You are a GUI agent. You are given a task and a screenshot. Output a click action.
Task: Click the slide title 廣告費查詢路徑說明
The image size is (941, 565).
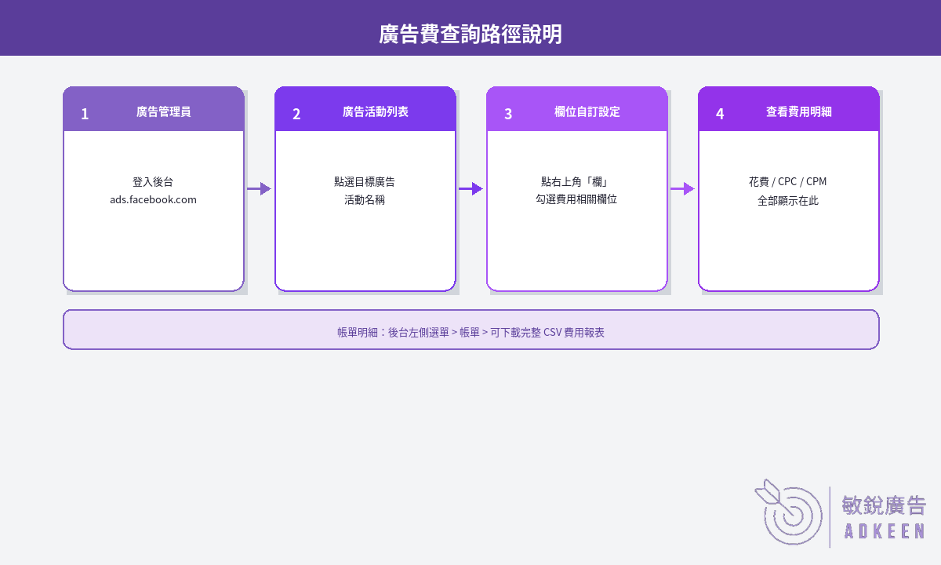[x=470, y=34]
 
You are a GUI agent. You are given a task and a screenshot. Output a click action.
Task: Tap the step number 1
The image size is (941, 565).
[x=85, y=114]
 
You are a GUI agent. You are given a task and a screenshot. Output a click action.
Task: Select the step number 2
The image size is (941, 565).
[x=296, y=114]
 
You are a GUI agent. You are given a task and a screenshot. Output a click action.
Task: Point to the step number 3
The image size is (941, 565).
[x=508, y=114]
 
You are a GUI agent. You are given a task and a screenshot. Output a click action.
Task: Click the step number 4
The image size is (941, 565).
[x=720, y=114]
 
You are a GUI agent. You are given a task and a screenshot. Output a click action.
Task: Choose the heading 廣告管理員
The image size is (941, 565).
[x=163, y=111]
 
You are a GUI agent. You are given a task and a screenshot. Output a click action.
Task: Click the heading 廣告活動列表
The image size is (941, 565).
[x=375, y=111]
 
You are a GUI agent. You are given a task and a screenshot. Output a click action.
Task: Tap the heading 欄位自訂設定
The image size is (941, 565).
[x=587, y=111]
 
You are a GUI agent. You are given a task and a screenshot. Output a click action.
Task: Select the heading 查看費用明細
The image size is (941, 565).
[x=798, y=111]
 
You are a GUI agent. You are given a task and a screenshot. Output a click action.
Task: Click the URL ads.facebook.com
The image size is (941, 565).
[x=154, y=199]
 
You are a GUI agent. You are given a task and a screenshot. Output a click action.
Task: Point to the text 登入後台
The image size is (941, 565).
[x=153, y=182]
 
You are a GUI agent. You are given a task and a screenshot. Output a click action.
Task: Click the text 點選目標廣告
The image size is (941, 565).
[x=365, y=182]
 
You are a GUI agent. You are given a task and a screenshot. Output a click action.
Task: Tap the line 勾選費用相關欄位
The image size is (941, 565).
[x=576, y=199]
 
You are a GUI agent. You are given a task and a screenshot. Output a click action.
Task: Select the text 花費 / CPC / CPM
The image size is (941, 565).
[x=787, y=181]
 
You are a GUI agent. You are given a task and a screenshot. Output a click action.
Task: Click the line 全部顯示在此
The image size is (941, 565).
[x=788, y=201]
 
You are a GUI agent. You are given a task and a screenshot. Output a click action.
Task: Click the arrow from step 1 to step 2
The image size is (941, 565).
[x=260, y=189]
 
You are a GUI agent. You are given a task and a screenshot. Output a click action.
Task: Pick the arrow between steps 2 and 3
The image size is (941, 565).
[x=471, y=189]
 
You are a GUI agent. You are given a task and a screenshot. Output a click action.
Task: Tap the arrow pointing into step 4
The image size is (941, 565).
[x=683, y=189]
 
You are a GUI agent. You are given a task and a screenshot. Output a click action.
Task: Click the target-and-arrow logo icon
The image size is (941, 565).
[x=789, y=512]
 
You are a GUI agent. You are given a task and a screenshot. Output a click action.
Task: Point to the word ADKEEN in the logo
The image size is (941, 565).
[x=885, y=531]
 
